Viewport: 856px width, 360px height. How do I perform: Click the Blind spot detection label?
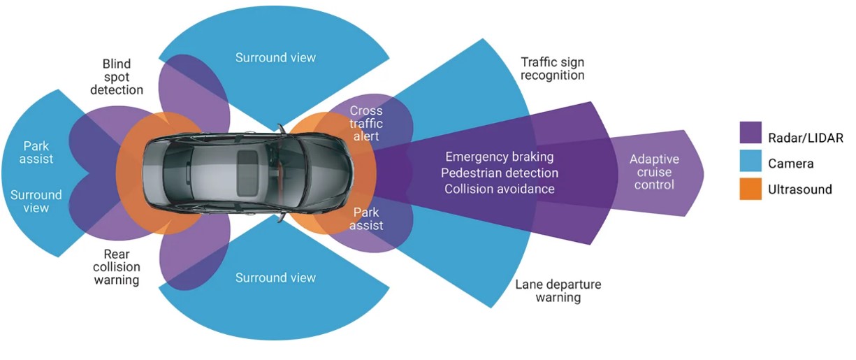click(117, 76)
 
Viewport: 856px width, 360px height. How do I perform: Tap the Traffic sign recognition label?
click(553, 69)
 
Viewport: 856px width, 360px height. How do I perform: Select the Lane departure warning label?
click(558, 291)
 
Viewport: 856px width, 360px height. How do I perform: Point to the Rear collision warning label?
click(117, 267)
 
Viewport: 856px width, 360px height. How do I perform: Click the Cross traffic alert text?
click(365, 124)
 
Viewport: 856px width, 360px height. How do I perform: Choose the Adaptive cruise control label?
click(653, 172)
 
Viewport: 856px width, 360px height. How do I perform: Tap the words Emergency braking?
click(500, 157)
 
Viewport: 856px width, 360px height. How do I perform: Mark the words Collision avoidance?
click(500, 189)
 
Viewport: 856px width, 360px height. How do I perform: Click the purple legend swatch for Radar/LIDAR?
click(750, 132)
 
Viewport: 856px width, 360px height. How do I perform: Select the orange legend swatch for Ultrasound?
click(750, 189)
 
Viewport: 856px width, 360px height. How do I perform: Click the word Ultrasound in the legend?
click(800, 189)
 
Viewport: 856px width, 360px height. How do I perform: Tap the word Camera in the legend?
click(791, 164)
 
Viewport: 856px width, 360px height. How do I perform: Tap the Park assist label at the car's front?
click(367, 217)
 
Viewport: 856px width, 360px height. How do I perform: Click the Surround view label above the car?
click(275, 57)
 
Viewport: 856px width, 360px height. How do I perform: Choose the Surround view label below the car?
click(275, 278)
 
